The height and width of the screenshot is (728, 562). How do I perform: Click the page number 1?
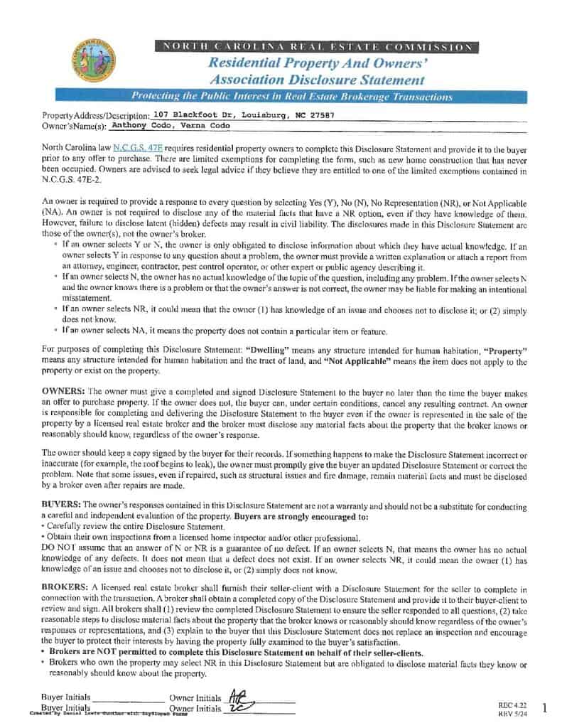(544, 707)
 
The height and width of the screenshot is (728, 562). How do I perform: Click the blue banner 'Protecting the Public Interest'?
(292, 97)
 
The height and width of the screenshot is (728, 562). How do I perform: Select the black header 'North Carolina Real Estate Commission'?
(317, 47)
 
